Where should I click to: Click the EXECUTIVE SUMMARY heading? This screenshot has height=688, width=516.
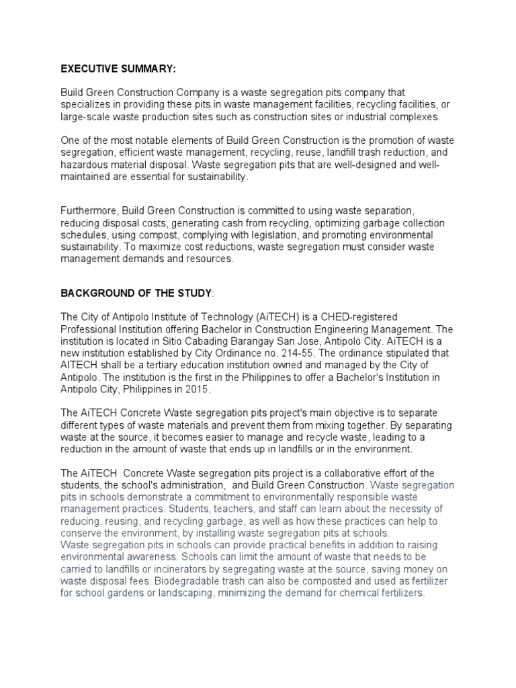[118, 69]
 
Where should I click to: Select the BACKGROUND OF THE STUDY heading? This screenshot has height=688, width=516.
[136, 294]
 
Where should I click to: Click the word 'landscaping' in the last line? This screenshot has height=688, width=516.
[178, 595]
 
